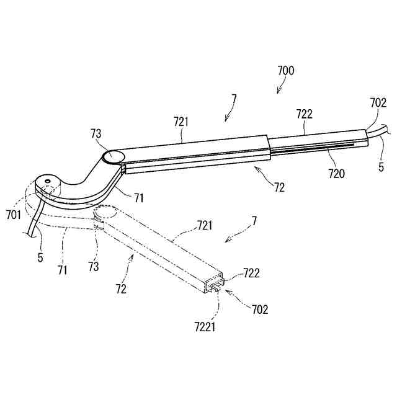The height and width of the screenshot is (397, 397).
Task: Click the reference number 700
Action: [x=285, y=70]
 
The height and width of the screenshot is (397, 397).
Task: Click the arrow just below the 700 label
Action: [x=279, y=89]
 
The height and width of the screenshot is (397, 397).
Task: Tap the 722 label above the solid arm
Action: [x=305, y=114]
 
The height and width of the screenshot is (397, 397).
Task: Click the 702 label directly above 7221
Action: [x=259, y=309]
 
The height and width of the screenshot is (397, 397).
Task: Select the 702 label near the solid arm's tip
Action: [x=378, y=103]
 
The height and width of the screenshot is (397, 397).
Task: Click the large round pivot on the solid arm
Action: [x=114, y=156]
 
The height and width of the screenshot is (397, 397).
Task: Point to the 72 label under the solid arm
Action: [x=281, y=187]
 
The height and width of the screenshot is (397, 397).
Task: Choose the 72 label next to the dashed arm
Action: [x=120, y=290]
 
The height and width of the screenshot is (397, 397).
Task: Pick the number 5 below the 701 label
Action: [x=41, y=257]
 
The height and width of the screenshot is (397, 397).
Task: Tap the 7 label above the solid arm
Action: [x=234, y=99]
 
